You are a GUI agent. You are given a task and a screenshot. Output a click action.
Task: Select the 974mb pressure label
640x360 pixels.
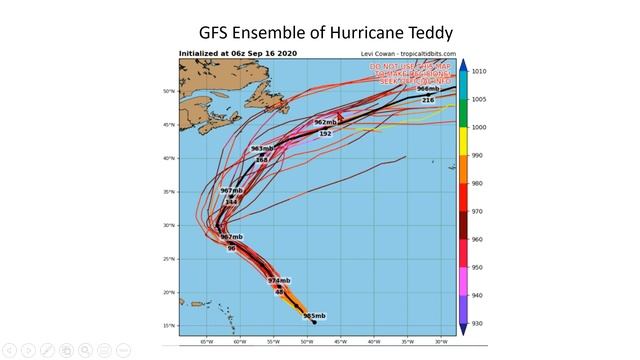279,280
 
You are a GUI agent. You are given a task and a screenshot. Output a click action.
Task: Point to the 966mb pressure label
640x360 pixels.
428,89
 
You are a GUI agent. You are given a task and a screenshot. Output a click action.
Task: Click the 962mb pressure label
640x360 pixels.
325,122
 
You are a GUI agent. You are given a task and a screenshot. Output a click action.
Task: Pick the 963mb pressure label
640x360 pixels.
262,149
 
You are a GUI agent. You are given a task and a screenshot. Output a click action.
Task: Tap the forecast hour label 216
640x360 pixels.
428,100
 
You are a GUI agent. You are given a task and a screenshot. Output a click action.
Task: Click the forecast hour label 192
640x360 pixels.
325,133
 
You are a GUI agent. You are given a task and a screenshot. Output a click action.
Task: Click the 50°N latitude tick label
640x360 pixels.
169,91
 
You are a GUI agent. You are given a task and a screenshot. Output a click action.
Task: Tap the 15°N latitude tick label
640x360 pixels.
169,326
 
